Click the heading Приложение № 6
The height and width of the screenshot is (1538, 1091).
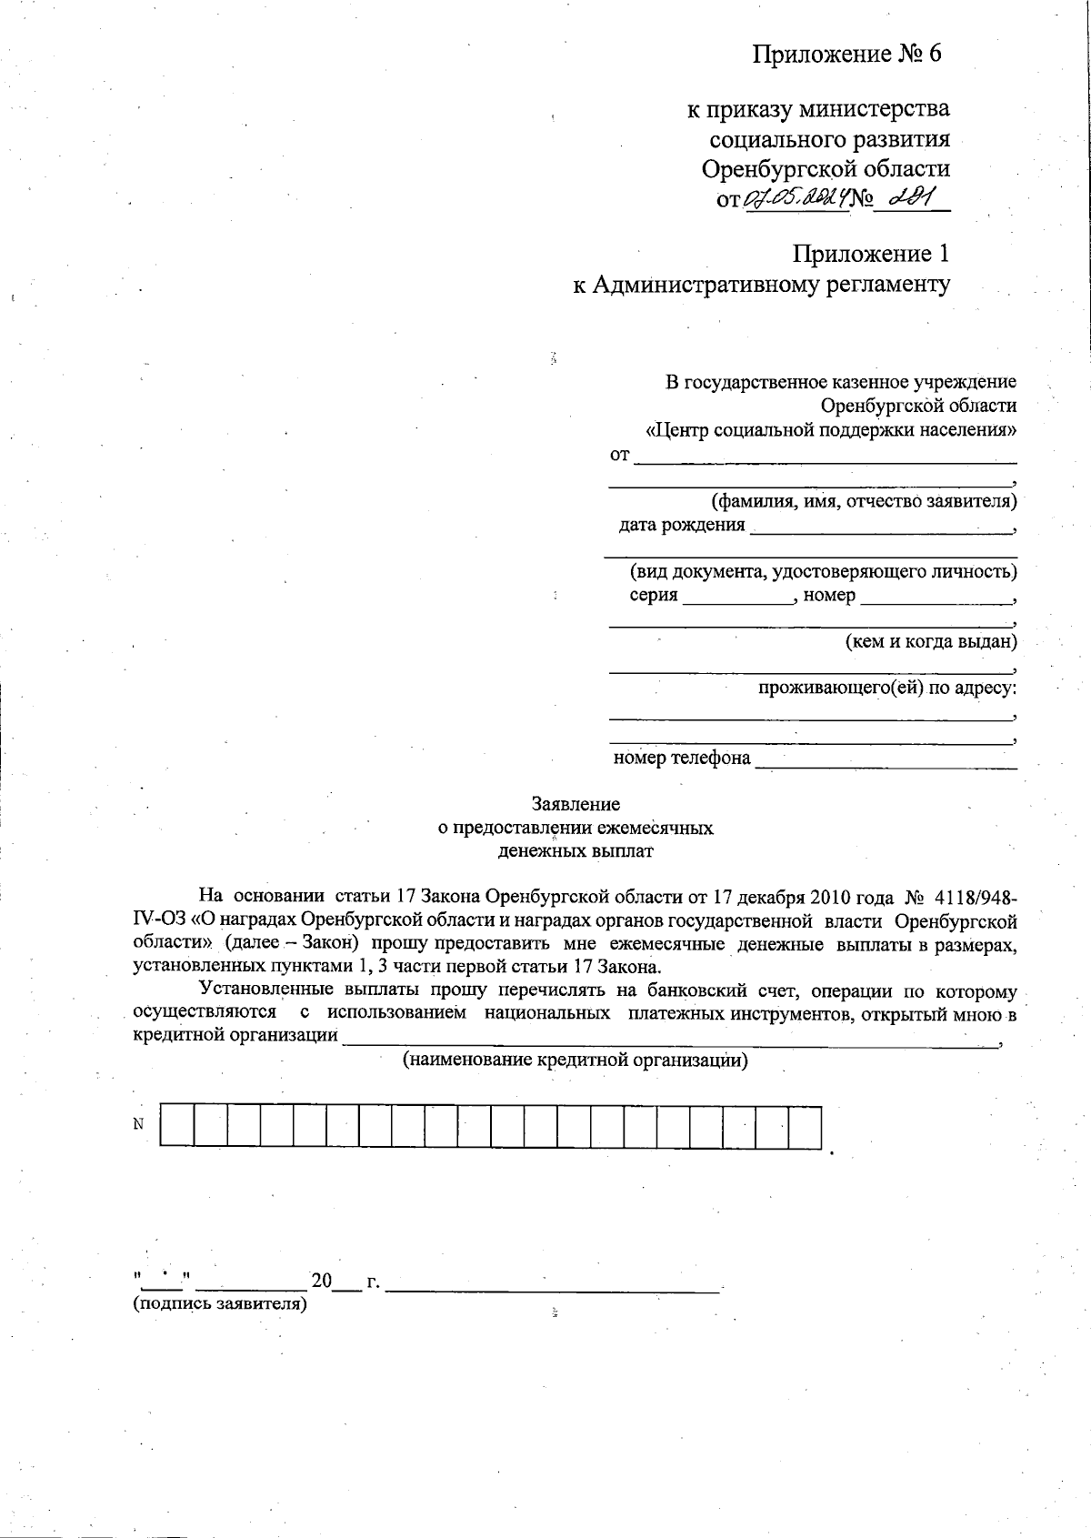point(846,54)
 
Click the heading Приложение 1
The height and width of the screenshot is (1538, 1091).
point(871,254)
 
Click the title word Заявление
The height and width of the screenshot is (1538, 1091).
point(576,804)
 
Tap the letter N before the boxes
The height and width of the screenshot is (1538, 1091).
point(138,1124)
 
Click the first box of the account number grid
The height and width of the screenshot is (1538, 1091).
point(177,1126)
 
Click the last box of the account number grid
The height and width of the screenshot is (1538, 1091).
point(805,1126)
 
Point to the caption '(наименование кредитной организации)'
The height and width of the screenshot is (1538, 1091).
point(575,1060)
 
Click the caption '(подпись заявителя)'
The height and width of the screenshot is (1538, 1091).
point(220,1304)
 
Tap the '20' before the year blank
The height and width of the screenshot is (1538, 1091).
point(322,1282)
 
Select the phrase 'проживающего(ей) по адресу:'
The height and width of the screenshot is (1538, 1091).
point(887,688)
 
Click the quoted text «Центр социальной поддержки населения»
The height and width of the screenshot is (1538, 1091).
point(830,429)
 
